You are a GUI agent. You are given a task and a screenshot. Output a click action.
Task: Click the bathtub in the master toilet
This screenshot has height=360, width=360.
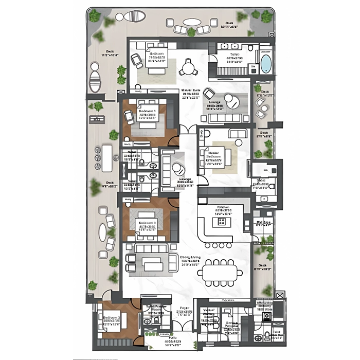pos(265,64)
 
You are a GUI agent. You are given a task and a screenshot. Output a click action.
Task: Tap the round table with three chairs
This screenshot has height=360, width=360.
pos(189,68)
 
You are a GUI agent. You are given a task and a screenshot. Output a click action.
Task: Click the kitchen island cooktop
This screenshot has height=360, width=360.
pos(222,222)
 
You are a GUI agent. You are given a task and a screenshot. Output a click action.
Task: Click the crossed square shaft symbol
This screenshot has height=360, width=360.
pos(279,296)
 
